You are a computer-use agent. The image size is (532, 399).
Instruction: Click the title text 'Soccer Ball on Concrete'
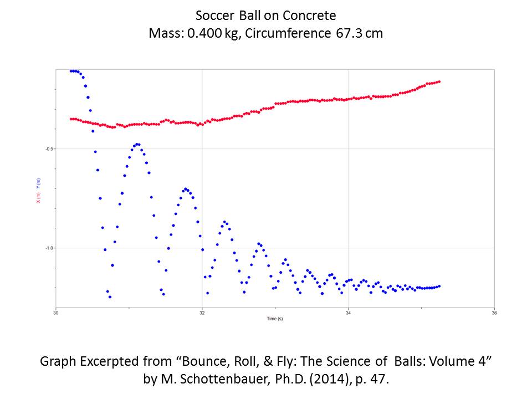click(x=265, y=15)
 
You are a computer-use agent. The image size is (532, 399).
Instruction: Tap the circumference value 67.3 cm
click(x=359, y=33)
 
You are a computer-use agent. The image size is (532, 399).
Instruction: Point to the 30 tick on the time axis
click(x=55, y=312)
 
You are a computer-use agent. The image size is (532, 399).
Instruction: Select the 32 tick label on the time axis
click(x=202, y=312)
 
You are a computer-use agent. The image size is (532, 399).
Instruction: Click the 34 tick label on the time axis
click(x=347, y=312)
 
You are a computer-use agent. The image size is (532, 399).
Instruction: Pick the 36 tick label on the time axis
click(x=494, y=312)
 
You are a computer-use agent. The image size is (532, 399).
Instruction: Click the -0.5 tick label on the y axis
click(x=49, y=149)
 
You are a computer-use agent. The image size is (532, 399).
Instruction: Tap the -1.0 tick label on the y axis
click(x=49, y=248)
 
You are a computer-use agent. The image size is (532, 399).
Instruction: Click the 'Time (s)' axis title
click(x=274, y=319)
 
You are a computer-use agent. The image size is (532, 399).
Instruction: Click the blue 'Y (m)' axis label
click(x=38, y=182)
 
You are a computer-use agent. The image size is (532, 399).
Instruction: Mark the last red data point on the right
click(x=439, y=81)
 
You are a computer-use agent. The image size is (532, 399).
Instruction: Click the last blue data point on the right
click(x=439, y=286)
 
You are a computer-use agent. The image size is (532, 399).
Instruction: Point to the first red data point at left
click(x=71, y=119)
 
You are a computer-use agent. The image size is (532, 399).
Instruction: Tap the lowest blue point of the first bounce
click(x=110, y=297)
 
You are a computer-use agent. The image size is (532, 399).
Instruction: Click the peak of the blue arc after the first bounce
click(x=137, y=144)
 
